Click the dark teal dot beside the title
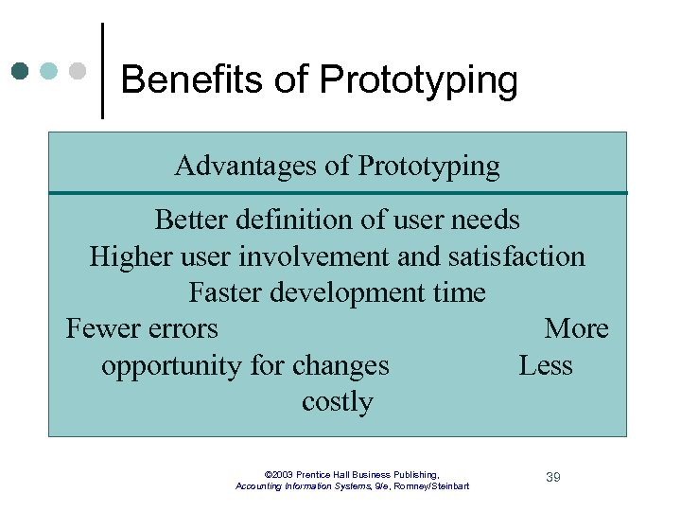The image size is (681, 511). [x=21, y=71]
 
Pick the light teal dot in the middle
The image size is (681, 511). [x=49, y=71]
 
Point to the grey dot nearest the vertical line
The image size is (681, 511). [x=78, y=71]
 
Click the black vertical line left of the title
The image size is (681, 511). [x=102, y=71]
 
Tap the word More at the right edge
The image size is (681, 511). [x=576, y=329]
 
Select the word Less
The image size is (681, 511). [x=546, y=365]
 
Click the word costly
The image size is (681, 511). [x=337, y=402]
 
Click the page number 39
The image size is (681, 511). [x=553, y=477]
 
